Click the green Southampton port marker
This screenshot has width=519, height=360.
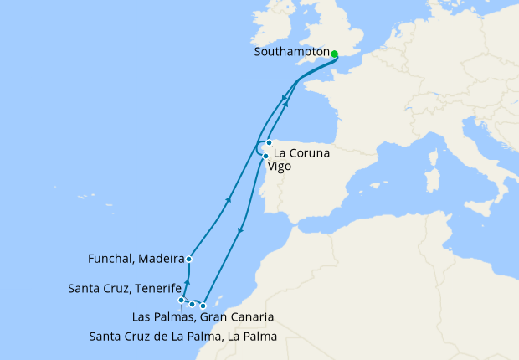334,54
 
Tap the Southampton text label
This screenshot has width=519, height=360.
290,52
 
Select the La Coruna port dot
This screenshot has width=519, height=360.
269,142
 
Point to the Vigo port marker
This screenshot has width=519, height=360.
265,156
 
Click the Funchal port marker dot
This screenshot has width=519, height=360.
189,260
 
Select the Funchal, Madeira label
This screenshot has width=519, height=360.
136,258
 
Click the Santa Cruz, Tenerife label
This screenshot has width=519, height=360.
125,289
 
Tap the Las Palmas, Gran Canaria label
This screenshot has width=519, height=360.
203,317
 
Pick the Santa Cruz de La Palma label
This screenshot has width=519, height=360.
182,337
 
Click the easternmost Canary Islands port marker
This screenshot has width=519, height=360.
203,306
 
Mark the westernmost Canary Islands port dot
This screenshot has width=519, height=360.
181,300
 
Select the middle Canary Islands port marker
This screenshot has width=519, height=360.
192,304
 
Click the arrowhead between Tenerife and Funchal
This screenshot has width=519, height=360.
188,283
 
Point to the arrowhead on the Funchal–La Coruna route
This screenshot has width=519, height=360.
229,200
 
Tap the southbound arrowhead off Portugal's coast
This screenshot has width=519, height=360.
241,231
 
